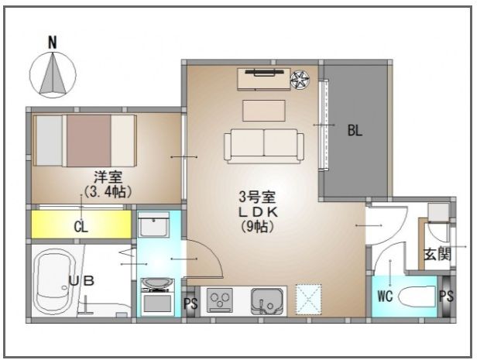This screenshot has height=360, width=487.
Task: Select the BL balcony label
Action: tap(354, 132)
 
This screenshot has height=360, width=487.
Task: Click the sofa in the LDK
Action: tap(263, 146)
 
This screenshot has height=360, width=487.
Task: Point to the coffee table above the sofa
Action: tap(263, 111)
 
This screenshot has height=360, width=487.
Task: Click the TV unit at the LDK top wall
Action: tap(262, 78)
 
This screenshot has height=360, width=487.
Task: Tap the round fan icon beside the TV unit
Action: tap(299, 78)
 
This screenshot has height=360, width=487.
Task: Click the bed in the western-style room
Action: tap(85, 140)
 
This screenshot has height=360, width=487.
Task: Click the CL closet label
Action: tap(80, 227)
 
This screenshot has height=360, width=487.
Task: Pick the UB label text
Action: tap(81, 281)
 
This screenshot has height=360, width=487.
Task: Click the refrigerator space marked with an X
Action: tap(310, 299)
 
